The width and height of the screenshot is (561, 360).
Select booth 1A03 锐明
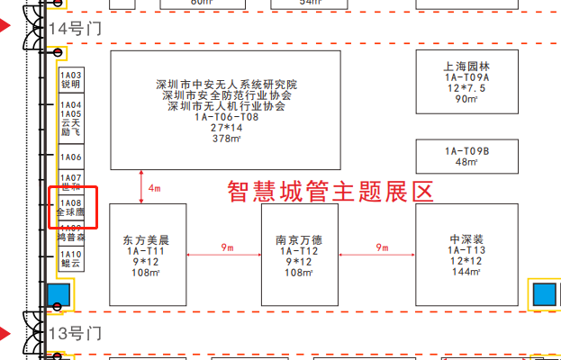coord(70,79)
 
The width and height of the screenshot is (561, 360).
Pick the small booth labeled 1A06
coord(70,157)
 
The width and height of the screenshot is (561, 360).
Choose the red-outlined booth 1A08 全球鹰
coord(70,208)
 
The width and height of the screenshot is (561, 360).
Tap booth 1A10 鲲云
coord(70,259)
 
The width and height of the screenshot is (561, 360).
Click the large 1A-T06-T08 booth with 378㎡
coord(225,110)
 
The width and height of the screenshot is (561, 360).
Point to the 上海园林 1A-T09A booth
coord(466,83)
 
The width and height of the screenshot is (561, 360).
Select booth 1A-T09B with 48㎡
coord(466,157)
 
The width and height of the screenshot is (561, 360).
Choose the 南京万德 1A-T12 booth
coord(299,254)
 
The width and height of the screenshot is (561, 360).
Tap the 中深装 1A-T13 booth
coord(466,254)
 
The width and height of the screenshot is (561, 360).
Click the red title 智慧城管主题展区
coord(330,191)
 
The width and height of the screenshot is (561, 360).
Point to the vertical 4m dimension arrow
coord(141,187)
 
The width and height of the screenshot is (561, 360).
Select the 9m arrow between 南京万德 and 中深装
coord(376,254)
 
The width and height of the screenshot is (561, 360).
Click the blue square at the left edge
coord(58,294)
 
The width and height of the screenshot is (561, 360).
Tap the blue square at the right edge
coord(544,293)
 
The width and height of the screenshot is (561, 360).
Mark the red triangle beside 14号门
coord(6,28)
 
